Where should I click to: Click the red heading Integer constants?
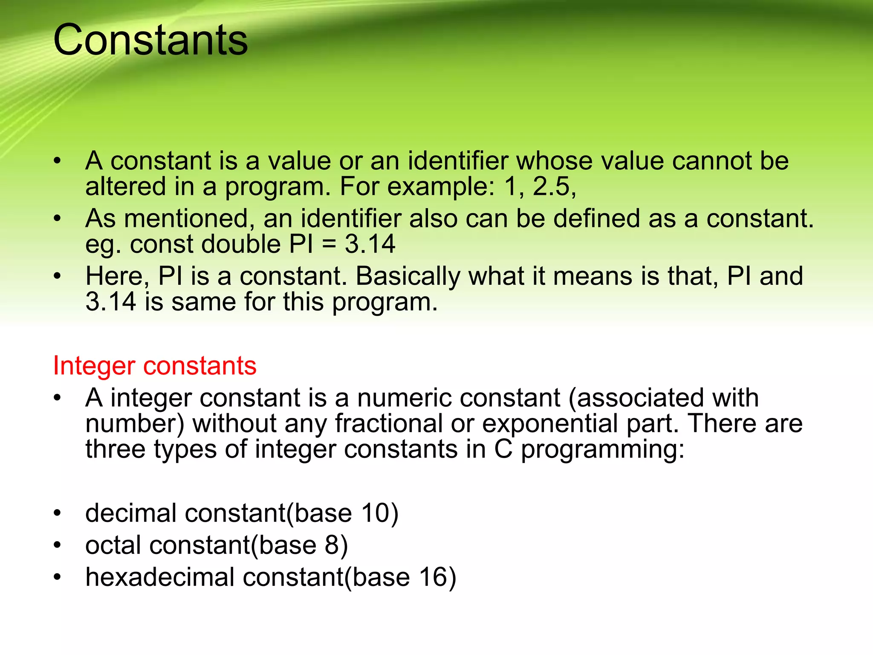point(155,366)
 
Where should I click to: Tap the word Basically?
point(408,276)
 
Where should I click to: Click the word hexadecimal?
point(160,577)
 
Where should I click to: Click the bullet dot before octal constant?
point(58,545)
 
